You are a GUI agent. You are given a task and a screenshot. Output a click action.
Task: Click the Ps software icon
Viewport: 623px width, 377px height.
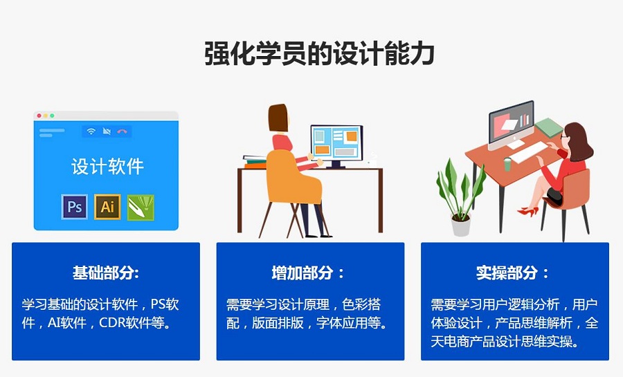(74, 207)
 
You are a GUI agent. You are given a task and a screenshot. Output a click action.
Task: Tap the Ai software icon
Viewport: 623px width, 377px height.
(107, 207)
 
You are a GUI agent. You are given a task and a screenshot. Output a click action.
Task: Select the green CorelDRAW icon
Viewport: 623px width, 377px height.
(141, 207)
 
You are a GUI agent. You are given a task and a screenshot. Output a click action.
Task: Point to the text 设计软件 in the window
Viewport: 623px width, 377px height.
(107, 166)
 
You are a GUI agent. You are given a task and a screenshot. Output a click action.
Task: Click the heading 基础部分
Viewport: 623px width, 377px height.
(106, 273)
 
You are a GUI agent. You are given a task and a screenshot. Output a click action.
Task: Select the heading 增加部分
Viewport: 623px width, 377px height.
(307, 273)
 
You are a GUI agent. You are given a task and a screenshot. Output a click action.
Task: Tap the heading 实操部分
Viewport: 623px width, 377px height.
(512, 273)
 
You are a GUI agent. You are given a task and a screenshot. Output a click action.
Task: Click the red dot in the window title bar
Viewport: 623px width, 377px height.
(39, 116)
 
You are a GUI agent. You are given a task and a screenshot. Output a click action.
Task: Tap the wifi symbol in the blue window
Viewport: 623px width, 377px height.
(91, 131)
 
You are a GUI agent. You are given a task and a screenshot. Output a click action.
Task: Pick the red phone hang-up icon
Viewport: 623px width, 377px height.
(123, 131)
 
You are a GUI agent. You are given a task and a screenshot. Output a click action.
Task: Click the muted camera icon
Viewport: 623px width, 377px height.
(107, 131)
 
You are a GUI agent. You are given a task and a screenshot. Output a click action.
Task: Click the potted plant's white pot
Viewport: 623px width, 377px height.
(461, 225)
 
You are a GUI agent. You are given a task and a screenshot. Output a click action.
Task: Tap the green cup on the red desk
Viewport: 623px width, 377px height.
(507, 164)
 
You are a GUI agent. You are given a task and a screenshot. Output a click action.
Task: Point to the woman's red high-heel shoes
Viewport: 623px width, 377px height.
(528, 211)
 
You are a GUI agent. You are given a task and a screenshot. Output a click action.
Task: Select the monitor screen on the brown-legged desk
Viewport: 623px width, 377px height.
(336, 143)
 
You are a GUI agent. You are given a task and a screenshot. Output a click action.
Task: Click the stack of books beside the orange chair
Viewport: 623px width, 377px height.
(255, 161)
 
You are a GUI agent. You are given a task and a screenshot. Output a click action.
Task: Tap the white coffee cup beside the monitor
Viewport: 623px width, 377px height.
(372, 163)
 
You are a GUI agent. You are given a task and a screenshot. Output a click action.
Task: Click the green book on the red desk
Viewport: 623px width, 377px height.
(549, 127)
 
